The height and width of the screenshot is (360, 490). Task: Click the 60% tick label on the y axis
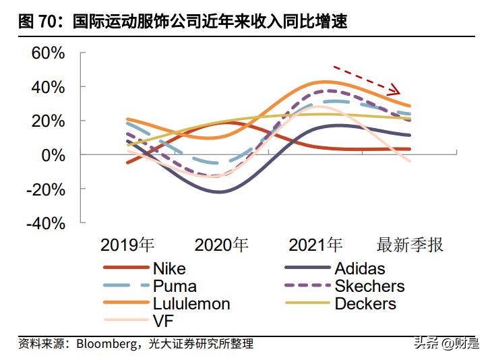(48, 53)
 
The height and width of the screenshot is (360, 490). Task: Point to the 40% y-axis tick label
(48, 87)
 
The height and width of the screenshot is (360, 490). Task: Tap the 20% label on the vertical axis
(48, 121)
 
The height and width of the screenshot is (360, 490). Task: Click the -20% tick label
(45, 189)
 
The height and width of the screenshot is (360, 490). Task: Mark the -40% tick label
(45, 223)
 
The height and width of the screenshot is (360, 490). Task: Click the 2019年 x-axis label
(127, 244)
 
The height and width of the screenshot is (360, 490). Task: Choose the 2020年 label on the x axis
(221, 244)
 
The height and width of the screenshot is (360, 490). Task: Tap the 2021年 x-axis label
(315, 244)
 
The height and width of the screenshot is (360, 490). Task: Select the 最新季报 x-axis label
(410, 244)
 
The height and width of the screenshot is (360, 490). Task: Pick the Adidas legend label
(359, 268)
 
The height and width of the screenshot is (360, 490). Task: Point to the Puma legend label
(175, 286)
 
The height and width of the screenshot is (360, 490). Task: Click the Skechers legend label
(369, 286)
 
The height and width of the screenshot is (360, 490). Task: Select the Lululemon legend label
(191, 303)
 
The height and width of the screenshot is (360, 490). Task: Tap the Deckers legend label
(365, 303)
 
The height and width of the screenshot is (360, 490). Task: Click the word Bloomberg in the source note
(104, 344)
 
